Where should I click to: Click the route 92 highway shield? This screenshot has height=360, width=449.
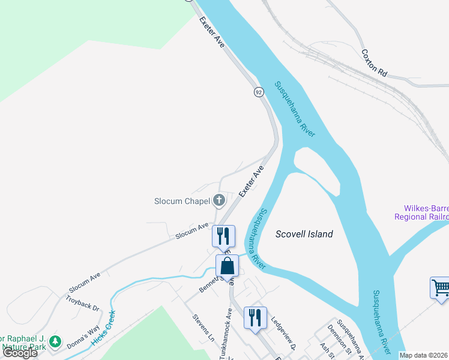259,92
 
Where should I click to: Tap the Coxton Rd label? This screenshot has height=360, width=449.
375,62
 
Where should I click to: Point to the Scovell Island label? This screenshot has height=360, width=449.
304,234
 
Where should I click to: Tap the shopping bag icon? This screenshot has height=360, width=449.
228,266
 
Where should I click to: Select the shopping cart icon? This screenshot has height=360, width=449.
440,287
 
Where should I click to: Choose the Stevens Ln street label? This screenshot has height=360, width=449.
203,329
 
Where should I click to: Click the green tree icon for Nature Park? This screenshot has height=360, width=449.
56,341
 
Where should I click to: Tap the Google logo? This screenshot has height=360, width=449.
20,353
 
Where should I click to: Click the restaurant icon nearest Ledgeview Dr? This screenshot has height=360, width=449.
255,317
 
